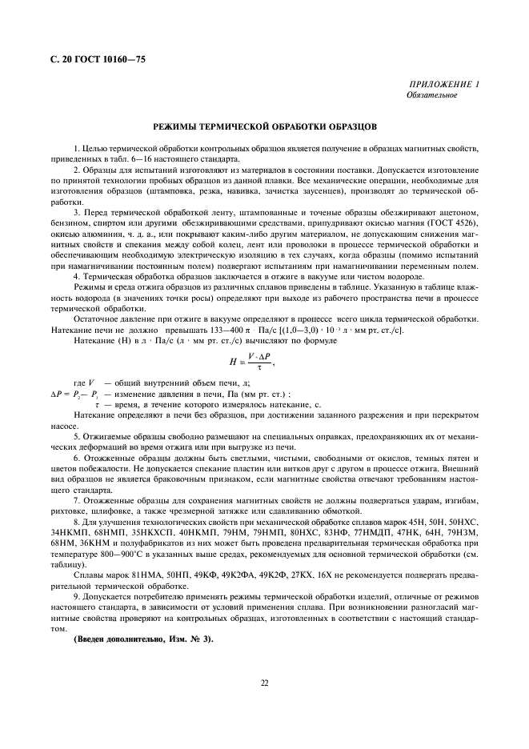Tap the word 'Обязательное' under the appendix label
431,94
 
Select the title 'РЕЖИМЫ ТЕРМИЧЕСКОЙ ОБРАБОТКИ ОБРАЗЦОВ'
264,126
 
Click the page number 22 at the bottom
264,683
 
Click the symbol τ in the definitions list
97,404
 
